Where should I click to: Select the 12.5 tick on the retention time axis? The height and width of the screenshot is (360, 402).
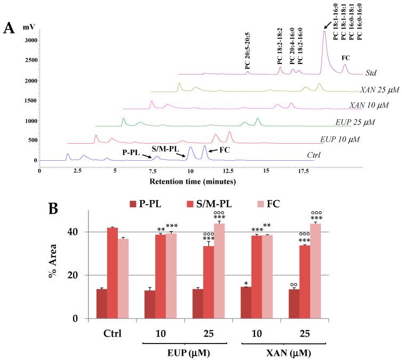tap(228, 171)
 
